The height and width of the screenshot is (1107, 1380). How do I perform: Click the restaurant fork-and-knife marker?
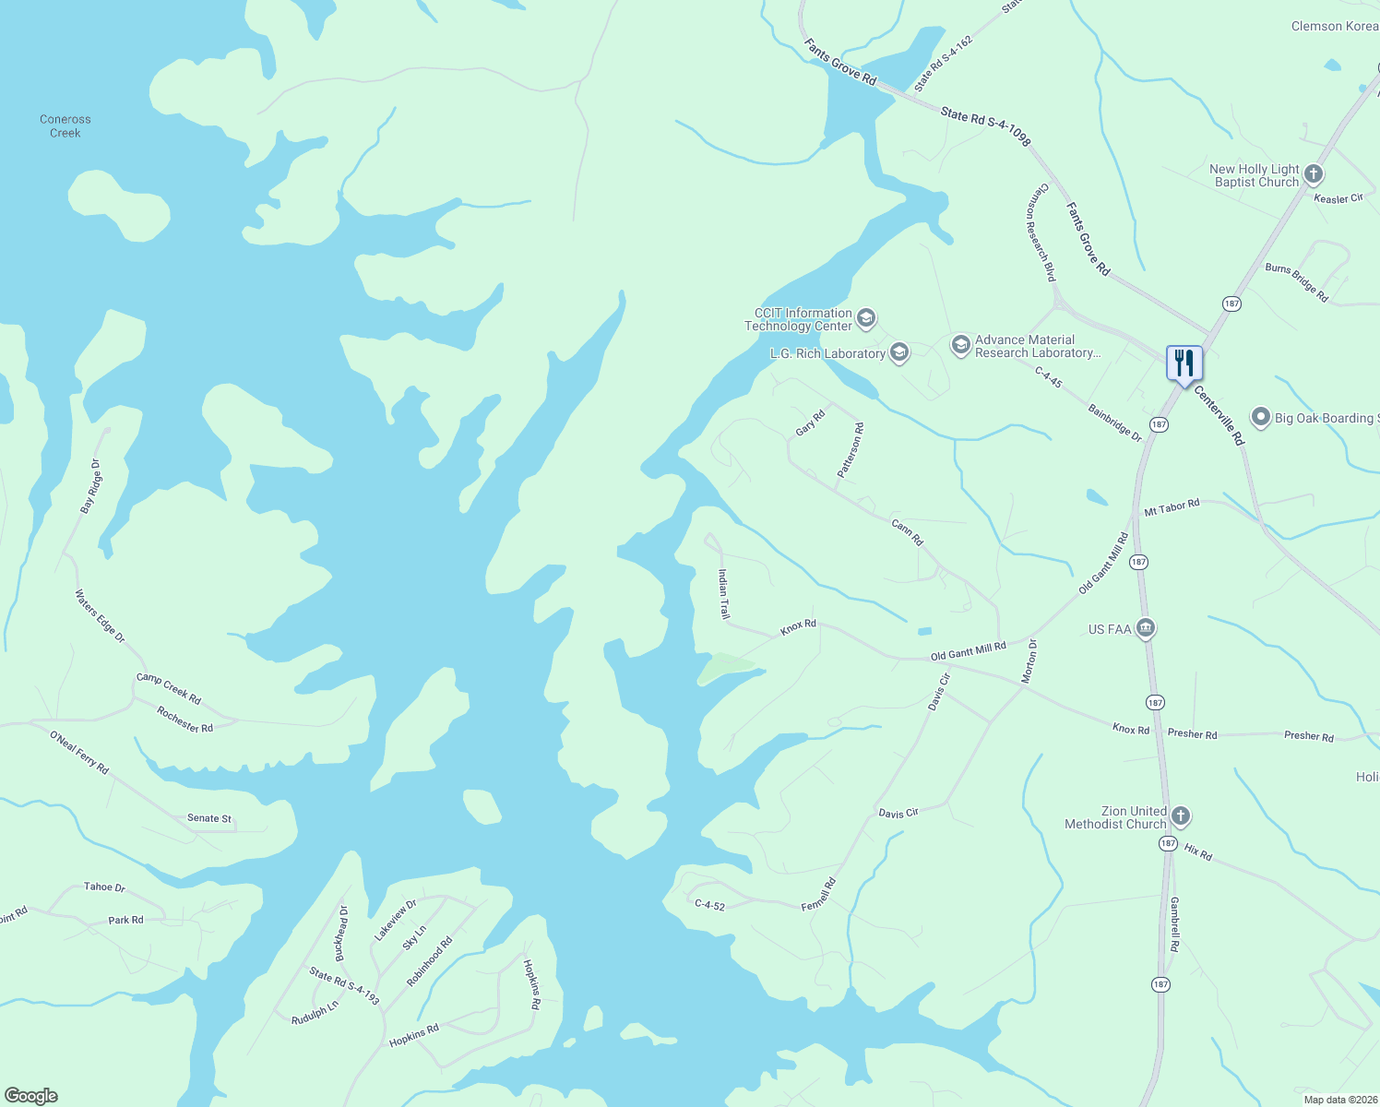[1184, 363]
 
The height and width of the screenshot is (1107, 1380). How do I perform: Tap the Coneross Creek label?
[65, 126]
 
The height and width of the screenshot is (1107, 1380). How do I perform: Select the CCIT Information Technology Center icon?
[865, 319]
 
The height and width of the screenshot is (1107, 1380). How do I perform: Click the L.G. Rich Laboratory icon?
[899, 352]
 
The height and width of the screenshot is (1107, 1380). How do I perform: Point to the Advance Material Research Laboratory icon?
[960, 346]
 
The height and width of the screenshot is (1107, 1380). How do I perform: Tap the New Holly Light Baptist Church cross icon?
[1314, 174]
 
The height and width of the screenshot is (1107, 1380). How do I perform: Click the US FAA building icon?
[1145, 629]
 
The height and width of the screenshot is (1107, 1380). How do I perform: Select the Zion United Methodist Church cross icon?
[1180, 816]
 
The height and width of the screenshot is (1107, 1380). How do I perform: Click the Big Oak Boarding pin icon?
[1260, 418]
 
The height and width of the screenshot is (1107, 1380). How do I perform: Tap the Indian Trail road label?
[724, 594]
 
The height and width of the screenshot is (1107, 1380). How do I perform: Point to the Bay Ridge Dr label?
[90, 486]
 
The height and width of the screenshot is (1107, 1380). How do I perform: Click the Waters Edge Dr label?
[100, 616]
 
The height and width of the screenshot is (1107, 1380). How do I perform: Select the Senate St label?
[209, 818]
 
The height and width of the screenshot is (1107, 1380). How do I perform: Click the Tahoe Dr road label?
[104, 887]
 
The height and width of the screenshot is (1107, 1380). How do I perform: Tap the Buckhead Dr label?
[341, 934]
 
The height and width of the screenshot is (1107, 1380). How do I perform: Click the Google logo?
[31, 1096]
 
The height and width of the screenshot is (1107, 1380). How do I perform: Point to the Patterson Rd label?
[851, 450]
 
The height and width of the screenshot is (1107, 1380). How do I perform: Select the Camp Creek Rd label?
[169, 688]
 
